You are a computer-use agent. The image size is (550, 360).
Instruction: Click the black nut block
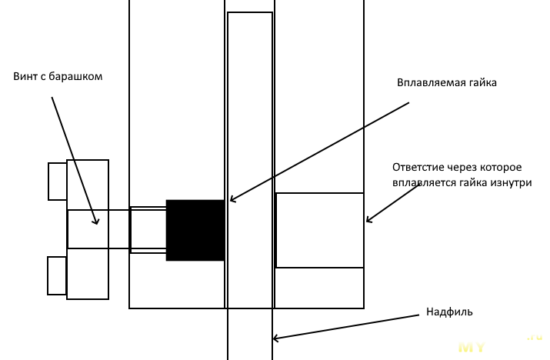[x=195, y=229]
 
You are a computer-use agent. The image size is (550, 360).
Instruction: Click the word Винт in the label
[x=25, y=77]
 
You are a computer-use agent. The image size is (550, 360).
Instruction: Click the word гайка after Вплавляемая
[x=481, y=83]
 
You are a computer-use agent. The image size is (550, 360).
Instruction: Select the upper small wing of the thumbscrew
[x=58, y=181]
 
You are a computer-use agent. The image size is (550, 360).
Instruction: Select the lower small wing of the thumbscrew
[x=57, y=275]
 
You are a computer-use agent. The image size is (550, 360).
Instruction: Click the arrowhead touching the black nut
[x=232, y=199]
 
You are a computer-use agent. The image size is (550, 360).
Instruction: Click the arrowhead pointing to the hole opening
[x=369, y=221]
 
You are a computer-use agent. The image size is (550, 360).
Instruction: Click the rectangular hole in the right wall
[x=319, y=230]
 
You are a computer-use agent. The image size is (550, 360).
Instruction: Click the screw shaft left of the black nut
[x=148, y=229]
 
